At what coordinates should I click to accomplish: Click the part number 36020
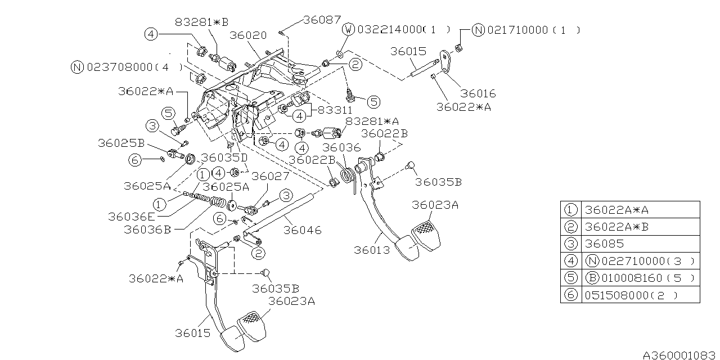pos(248,35)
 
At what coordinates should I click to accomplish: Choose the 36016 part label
pos(478,93)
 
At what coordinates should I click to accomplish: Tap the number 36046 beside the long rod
pos(303,229)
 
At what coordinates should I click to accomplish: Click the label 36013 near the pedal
pos(371,250)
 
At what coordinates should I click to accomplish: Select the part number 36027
pos(270,176)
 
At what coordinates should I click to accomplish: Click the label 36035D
pos(224,157)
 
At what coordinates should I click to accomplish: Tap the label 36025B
pos(120,143)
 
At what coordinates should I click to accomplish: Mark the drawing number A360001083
pos(680,355)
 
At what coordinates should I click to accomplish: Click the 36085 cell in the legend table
pos(604,244)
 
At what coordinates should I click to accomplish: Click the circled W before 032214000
pos(349,29)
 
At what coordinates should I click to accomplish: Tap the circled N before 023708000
pos(78,67)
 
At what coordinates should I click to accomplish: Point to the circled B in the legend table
pos(591,278)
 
